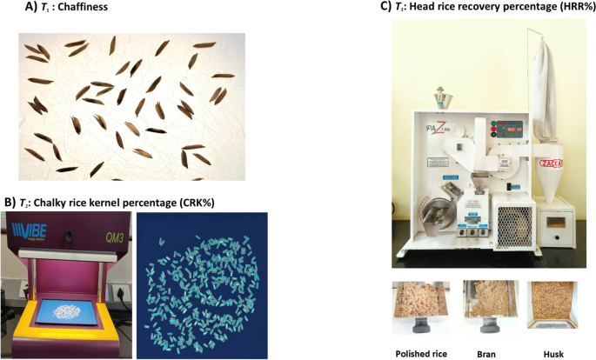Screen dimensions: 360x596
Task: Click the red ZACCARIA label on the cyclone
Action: pos(551,163)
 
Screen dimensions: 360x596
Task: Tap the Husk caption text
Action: pos(553,352)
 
